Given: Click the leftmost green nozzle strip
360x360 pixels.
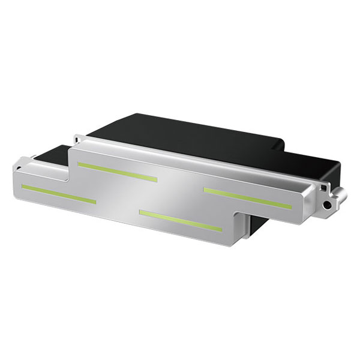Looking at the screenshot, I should pos(58,194).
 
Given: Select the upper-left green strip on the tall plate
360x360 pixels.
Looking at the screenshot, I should pos(118,172).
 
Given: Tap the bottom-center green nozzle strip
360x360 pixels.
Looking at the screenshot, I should pos(181,220).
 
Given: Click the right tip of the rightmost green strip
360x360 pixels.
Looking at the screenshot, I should pos(290,207).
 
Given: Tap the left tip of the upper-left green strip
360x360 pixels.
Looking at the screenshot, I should pos(80,164).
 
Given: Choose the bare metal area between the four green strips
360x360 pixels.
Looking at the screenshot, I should pos(174,192).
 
